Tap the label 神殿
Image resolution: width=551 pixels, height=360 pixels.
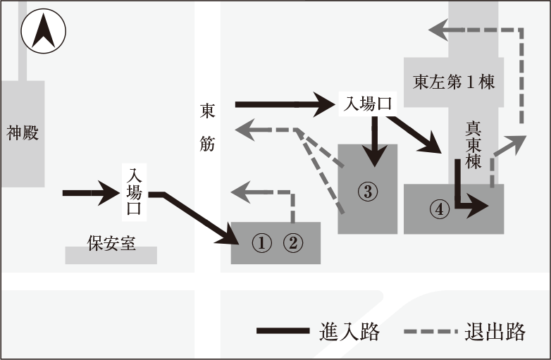point(22,132)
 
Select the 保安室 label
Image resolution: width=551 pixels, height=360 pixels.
point(111,243)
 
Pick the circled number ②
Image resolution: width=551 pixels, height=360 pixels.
point(293,243)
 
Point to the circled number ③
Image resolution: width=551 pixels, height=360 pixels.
point(367,190)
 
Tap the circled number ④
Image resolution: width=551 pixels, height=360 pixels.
point(440,209)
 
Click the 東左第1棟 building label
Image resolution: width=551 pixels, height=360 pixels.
point(454,82)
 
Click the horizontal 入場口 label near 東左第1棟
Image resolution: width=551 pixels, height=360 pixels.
point(367,104)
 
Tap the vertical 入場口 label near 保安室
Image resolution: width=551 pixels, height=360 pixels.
point(133,190)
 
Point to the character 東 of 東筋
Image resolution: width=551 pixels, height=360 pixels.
point(208,111)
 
